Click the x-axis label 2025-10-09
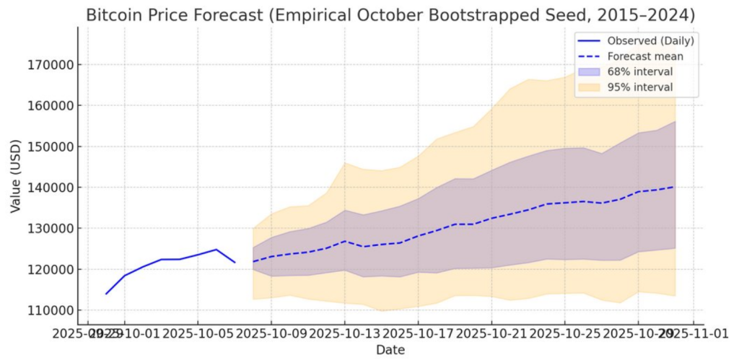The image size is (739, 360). (x=271, y=333)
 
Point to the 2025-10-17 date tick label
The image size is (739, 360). (x=418, y=333)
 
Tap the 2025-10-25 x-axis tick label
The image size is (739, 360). (x=564, y=333)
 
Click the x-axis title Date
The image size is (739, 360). (x=390, y=350)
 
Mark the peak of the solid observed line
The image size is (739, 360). (x=216, y=250)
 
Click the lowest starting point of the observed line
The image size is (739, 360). (x=106, y=294)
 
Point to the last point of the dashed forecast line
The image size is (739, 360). (x=675, y=187)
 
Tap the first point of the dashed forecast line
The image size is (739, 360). (x=253, y=261)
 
